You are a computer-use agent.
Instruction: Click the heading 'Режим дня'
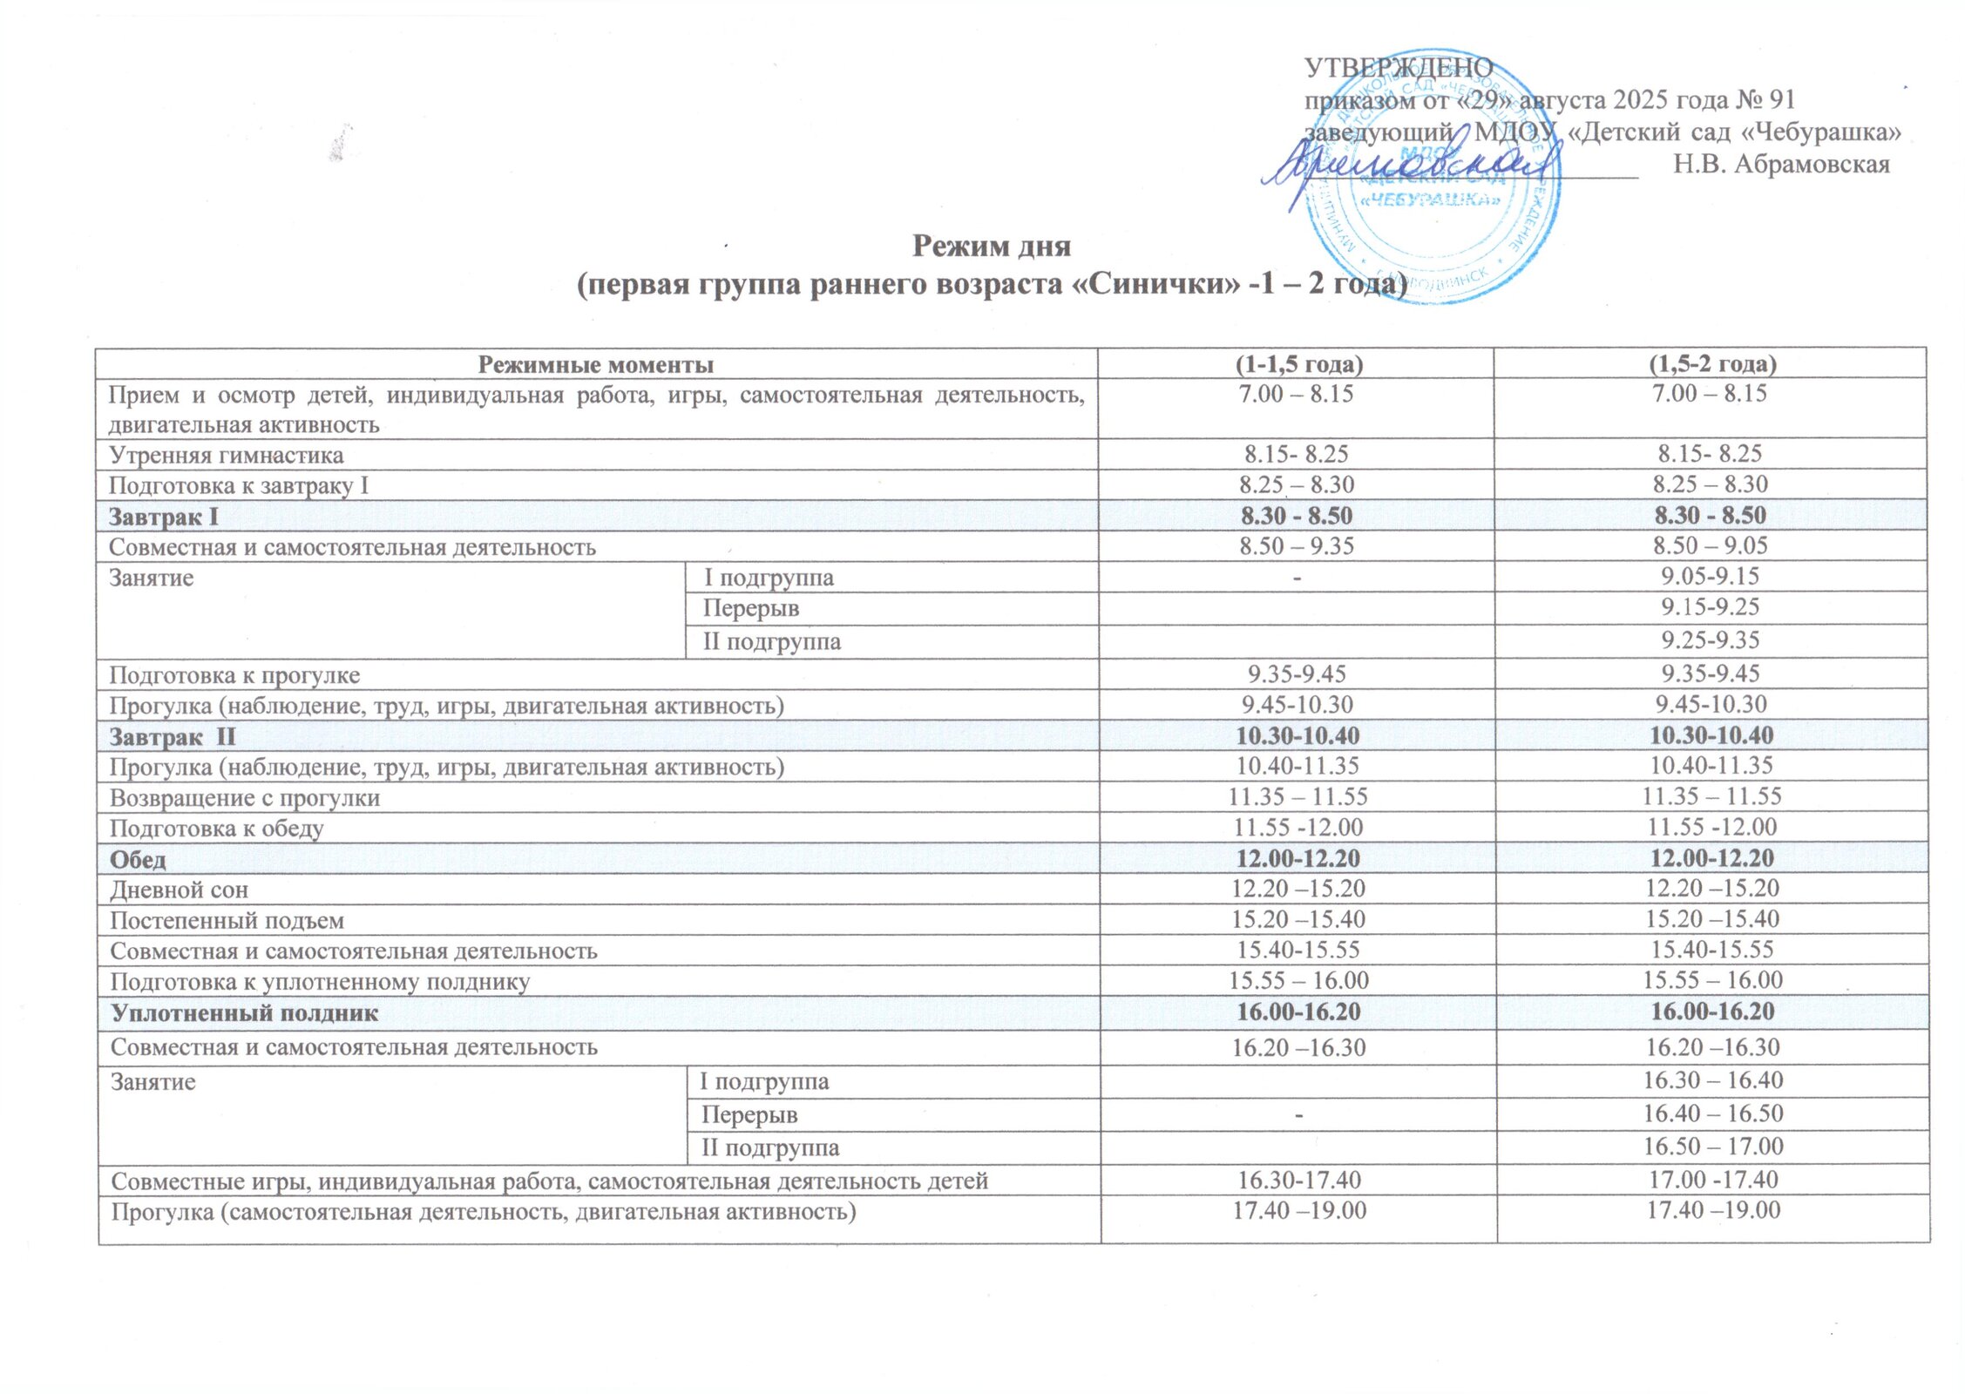pos(991,247)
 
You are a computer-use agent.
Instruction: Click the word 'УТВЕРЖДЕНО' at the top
pos(1398,67)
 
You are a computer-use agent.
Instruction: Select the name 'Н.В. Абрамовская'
pos(1781,165)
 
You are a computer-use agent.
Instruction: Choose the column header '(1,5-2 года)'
pos(1711,364)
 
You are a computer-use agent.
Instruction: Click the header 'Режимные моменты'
pos(596,364)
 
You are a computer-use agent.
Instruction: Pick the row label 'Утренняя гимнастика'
pos(227,455)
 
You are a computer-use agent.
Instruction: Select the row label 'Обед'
pos(138,860)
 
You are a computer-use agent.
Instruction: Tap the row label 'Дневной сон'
pos(180,890)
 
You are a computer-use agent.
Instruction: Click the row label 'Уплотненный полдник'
pos(245,1013)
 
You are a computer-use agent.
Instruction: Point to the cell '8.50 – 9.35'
pos(1298,546)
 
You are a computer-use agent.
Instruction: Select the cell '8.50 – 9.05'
pos(1711,546)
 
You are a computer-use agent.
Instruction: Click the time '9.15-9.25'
pos(1710,607)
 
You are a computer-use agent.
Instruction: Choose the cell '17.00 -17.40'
pos(1713,1181)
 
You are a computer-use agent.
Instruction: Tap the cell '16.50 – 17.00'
pos(1713,1147)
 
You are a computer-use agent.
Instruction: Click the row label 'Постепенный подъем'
pos(227,921)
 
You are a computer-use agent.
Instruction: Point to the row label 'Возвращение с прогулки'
pos(245,798)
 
